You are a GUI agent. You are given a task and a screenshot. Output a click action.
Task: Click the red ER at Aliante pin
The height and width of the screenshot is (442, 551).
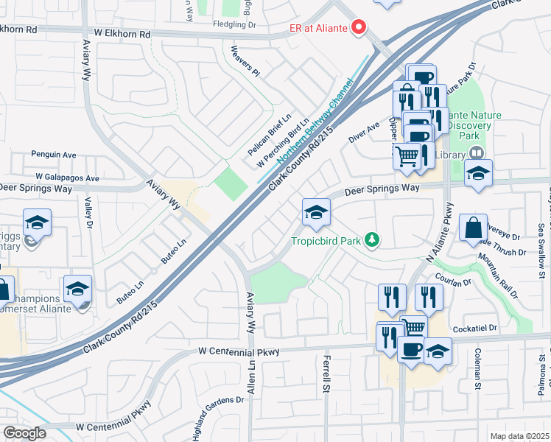(359, 27)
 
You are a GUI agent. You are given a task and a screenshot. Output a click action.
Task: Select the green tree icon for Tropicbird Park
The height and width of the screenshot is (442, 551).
(373, 239)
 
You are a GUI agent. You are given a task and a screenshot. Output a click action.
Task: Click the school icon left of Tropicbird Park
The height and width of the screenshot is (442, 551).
(316, 212)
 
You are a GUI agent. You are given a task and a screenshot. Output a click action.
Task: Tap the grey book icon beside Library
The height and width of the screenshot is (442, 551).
(477, 154)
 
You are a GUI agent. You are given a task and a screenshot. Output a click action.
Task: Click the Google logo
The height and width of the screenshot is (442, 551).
(24, 433)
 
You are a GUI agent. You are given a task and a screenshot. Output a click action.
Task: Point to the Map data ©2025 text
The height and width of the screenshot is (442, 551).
(519, 436)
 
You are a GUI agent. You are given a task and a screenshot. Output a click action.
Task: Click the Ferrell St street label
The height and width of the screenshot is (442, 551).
(325, 373)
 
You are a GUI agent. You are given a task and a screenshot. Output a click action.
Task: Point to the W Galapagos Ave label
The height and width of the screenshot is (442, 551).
(68, 178)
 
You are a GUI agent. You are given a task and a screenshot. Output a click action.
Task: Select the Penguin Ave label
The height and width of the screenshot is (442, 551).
(54, 155)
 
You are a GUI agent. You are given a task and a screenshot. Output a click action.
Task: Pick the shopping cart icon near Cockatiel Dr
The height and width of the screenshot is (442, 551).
(415, 327)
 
